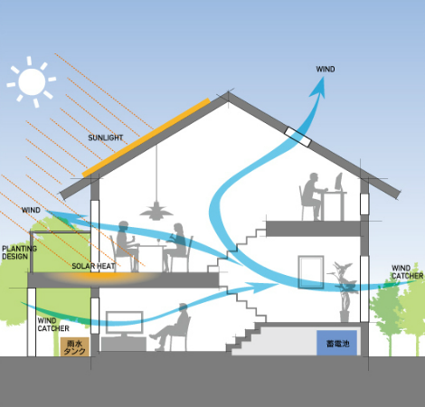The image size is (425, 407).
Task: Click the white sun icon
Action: click(x=32, y=81)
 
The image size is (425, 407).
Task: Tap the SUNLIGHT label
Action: click(x=106, y=137)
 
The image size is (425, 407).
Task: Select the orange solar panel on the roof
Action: click(x=146, y=137)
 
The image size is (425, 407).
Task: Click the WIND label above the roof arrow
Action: click(x=326, y=69)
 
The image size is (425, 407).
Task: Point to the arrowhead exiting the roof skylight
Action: click(x=318, y=88)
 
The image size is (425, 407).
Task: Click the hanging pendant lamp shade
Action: click(x=156, y=211)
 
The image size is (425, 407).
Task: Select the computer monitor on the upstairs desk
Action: click(x=339, y=182)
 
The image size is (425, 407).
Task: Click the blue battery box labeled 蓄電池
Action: click(x=337, y=343)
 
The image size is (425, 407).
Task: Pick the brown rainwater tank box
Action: click(x=75, y=346)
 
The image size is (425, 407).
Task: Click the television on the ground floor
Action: click(x=124, y=325)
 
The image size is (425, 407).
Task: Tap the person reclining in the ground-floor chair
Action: click(x=171, y=327)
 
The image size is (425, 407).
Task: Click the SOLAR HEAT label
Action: click(x=93, y=266)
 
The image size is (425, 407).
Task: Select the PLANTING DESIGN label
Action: click(x=19, y=252)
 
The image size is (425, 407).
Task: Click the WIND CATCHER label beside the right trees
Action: click(x=407, y=272)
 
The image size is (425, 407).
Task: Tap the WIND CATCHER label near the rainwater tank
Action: click(x=53, y=325)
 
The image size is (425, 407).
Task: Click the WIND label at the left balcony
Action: click(x=31, y=210)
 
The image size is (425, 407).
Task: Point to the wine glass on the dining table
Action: click(x=158, y=241)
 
